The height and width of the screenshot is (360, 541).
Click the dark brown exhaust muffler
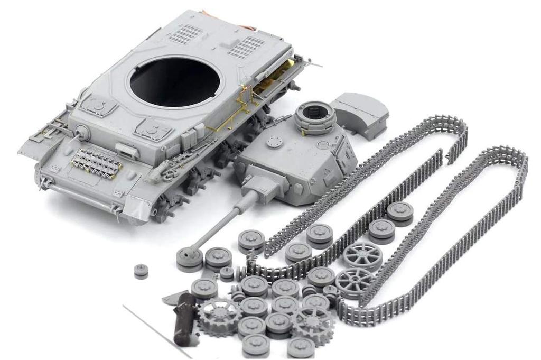[x=185, y=318]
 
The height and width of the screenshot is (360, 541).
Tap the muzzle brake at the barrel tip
[x=188, y=257]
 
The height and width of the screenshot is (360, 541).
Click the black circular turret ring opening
[x=174, y=81]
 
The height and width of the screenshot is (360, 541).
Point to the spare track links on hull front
[x=98, y=161]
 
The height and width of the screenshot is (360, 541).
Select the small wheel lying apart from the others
[x=140, y=271]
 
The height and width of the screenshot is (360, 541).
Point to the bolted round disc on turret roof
[x=274, y=141]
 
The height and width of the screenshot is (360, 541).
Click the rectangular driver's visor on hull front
[x=126, y=150]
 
